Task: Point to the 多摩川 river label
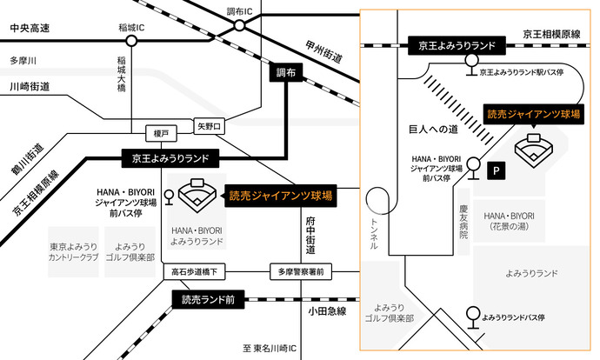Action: [23, 60]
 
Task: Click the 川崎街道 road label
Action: [29, 86]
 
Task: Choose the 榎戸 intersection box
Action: [160, 133]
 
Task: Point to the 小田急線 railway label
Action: [327, 310]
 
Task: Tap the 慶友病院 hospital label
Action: [463, 223]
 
